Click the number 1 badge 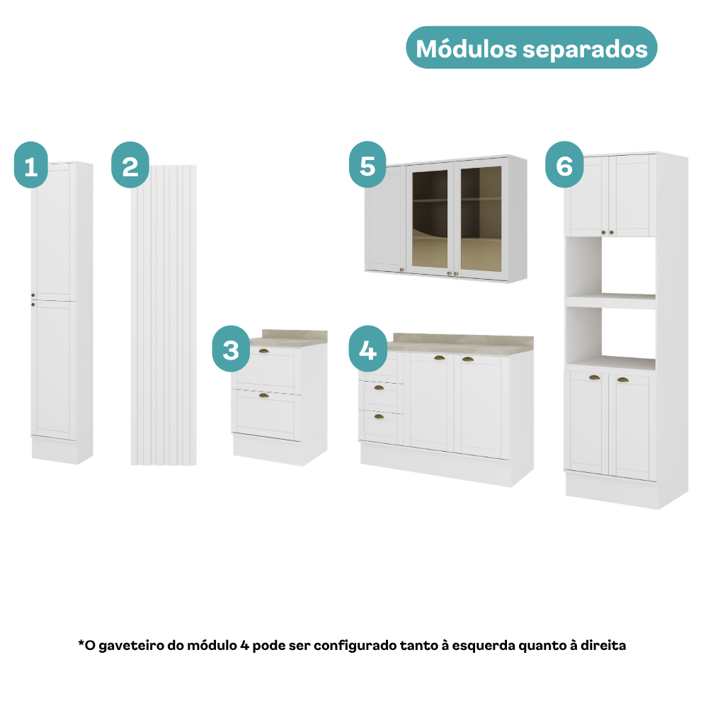(x=31, y=165)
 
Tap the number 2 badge (x=130, y=165)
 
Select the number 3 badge (x=232, y=348)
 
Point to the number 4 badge (x=368, y=348)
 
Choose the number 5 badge (x=367, y=164)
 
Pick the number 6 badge (x=564, y=164)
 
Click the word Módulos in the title (x=466, y=49)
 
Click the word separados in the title (x=586, y=50)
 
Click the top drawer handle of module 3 (x=263, y=351)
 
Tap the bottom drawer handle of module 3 (x=263, y=396)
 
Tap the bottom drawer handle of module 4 (x=379, y=416)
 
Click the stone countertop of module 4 (x=461, y=343)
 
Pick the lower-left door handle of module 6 (x=594, y=378)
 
